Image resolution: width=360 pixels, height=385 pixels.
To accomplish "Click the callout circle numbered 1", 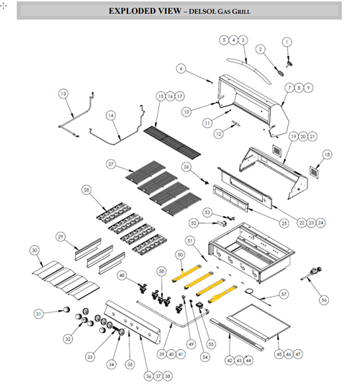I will tap(286, 42).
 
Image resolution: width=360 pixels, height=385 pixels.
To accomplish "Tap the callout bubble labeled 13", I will tap(63, 94).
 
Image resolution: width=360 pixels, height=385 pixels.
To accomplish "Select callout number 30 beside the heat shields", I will tap(34, 250).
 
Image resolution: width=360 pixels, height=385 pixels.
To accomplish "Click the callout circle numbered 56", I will tap(323, 299).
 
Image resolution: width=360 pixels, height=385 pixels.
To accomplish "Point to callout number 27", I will tap(111, 164).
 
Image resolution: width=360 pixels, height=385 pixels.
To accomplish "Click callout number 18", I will tap(327, 154).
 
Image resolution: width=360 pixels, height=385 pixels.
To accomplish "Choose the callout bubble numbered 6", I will tap(181, 68).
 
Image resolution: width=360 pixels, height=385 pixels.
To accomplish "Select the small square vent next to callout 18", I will tap(314, 172).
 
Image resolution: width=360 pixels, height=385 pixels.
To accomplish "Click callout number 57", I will tap(283, 295).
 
